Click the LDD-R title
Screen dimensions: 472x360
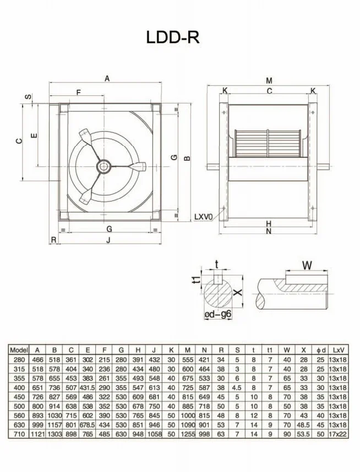pos(172,37)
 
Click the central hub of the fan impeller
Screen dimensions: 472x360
pos(103,166)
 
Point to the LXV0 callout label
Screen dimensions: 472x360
pos(204,217)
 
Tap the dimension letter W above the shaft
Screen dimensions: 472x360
pos(307,265)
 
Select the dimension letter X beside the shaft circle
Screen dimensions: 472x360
pos(238,292)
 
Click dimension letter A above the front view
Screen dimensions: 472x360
pos(107,79)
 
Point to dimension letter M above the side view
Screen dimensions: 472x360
pos(269,81)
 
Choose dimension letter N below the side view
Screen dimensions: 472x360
pos(269,232)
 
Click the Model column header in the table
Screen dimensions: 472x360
pos(19,349)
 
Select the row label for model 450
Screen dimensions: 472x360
pos(19,396)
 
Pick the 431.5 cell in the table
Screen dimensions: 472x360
pos(87,387)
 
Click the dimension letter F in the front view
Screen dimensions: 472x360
pos(79,93)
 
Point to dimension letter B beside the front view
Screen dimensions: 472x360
pos(187,159)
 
